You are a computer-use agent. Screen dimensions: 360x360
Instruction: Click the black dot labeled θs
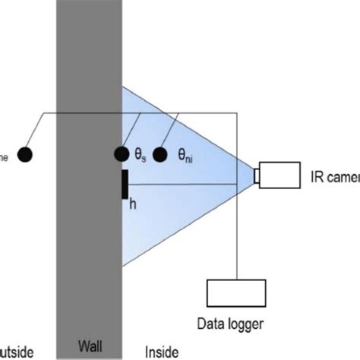click(122, 154)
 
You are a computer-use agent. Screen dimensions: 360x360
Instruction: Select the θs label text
click(140, 154)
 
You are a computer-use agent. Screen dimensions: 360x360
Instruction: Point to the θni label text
click(185, 154)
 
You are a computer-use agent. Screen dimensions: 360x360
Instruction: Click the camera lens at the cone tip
click(257, 176)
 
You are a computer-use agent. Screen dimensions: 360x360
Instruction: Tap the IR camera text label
click(334, 176)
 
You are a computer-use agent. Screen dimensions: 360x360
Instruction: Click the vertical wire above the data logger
click(238, 228)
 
